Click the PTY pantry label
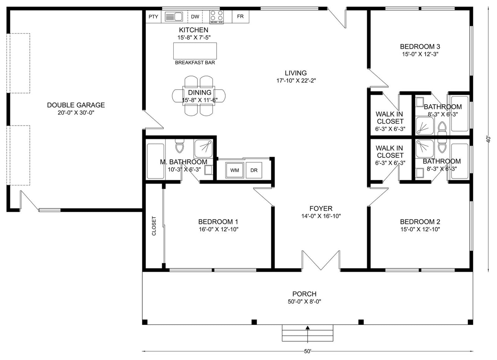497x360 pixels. point(153,17)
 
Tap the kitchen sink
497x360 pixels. point(174,17)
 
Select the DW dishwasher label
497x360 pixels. point(195,17)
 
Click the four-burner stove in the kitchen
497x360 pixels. point(217,17)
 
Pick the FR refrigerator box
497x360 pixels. point(240,17)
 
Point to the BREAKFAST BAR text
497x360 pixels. point(195,63)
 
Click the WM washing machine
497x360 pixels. point(235,170)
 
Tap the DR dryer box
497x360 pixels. point(254,170)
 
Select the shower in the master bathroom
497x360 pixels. point(203,149)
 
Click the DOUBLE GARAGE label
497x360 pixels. point(76,105)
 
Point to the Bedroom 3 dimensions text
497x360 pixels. point(420,54)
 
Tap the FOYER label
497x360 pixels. point(321,208)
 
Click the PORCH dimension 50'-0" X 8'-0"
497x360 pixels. point(304,302)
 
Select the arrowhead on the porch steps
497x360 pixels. point(307,327)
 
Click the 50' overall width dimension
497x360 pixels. point(307,351)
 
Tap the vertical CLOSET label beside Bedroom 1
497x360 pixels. point(154,226)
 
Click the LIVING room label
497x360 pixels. point(296,73)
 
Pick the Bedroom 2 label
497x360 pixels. point(420,221)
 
